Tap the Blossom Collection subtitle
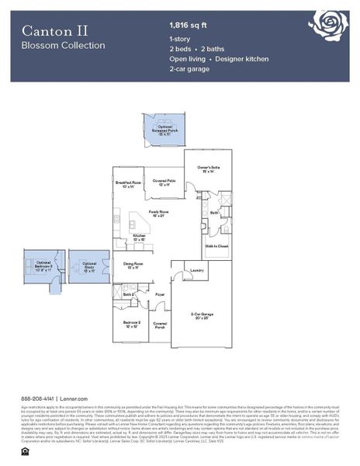(63, 46)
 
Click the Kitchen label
(139, 237)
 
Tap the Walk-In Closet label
(216, 245)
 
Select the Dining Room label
(134, 265)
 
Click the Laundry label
(197, 270)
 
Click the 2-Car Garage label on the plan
(202, 315)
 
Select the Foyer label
(159, 295)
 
